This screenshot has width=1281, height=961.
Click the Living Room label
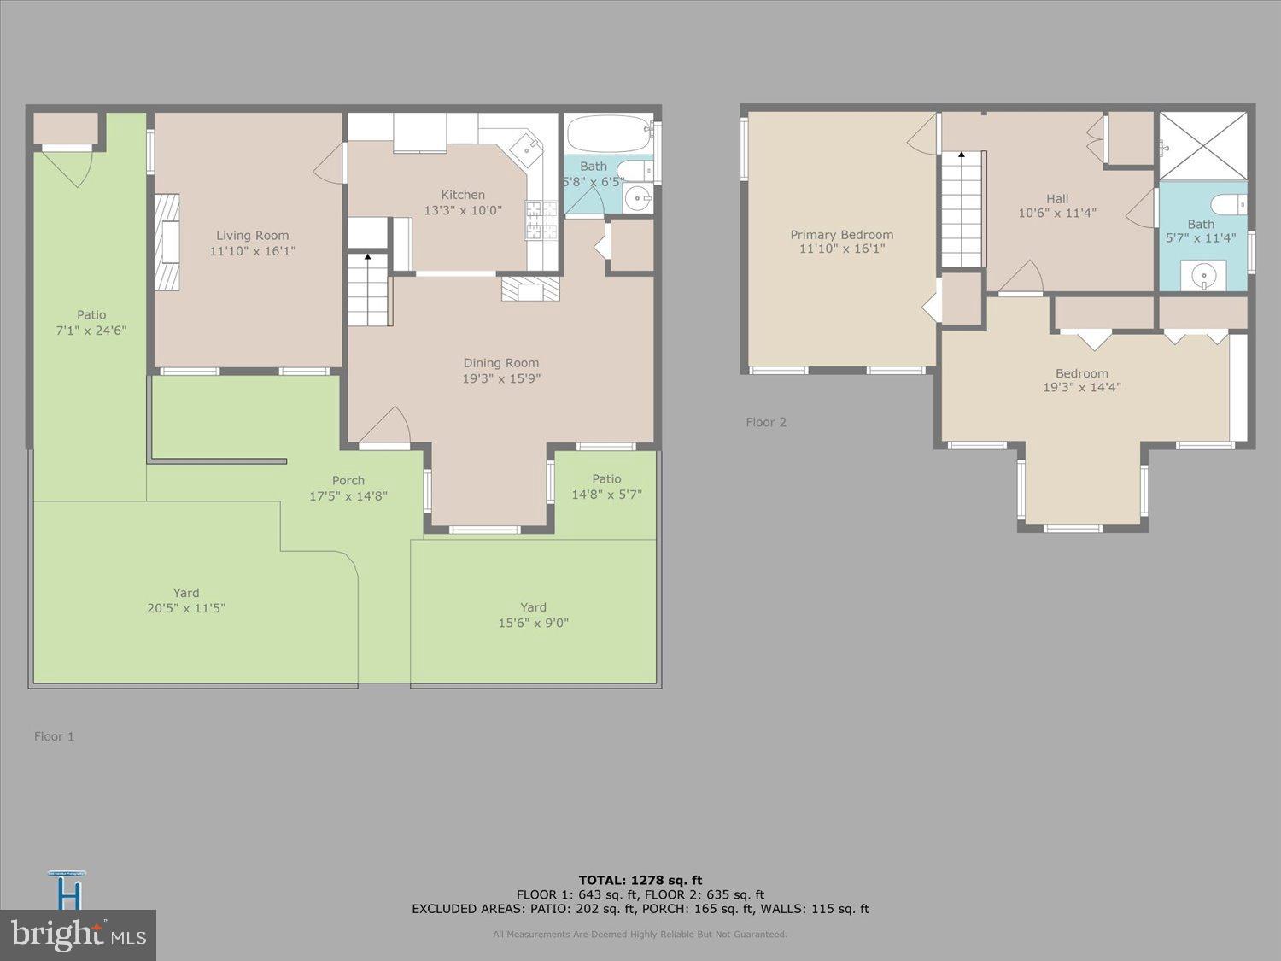point(252,236)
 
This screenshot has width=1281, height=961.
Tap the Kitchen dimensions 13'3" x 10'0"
point(463,210)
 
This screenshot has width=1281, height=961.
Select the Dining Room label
point(500,363)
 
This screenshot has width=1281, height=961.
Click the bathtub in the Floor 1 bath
point(607,134)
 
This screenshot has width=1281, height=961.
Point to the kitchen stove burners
point(540,220)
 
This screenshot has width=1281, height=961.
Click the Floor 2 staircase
point(962,210)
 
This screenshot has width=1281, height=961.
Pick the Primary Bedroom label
point(841,235)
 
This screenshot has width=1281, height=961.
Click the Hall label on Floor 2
point(1057,198)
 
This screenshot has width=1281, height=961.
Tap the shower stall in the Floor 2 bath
point(1202,145)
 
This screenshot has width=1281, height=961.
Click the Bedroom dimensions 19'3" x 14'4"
point(1081,388)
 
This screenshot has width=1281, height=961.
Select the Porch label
point(348,480)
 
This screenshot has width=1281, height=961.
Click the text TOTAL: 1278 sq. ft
point(640,880)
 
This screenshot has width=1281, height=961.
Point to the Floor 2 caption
point(766,422)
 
